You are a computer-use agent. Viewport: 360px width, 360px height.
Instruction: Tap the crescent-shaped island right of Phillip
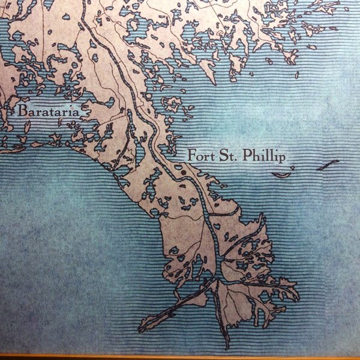[x=281, y=175]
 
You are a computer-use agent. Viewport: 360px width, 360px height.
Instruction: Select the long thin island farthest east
[x=328, y=164]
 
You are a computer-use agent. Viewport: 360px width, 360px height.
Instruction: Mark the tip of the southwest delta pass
[x=142, y=329]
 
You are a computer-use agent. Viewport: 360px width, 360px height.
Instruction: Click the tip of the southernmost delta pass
[x=227, y=347]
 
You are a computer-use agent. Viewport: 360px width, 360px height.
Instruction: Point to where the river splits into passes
[x=219, y=278]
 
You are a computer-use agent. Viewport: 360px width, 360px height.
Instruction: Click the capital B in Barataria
[x=23, y=111]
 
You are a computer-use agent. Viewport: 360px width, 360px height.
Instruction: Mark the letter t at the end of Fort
[x=208, y=155]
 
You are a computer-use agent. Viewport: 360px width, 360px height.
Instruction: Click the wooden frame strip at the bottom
[x=180, y=357]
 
